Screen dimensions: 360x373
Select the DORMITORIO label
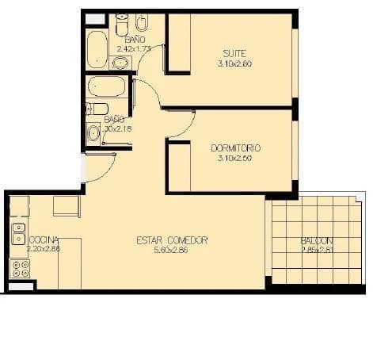point(236,148)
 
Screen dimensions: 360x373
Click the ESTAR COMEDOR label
point(172,240)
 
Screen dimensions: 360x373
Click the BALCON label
point(317,241)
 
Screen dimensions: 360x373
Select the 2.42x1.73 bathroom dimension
point(134,48)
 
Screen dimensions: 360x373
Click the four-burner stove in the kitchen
point(19,268)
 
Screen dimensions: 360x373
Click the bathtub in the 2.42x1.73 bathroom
point(97,49)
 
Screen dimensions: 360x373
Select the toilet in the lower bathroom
point(97,109)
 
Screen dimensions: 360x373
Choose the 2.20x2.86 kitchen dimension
point(43,249)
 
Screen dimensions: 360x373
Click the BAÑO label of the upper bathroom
point(135,39)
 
